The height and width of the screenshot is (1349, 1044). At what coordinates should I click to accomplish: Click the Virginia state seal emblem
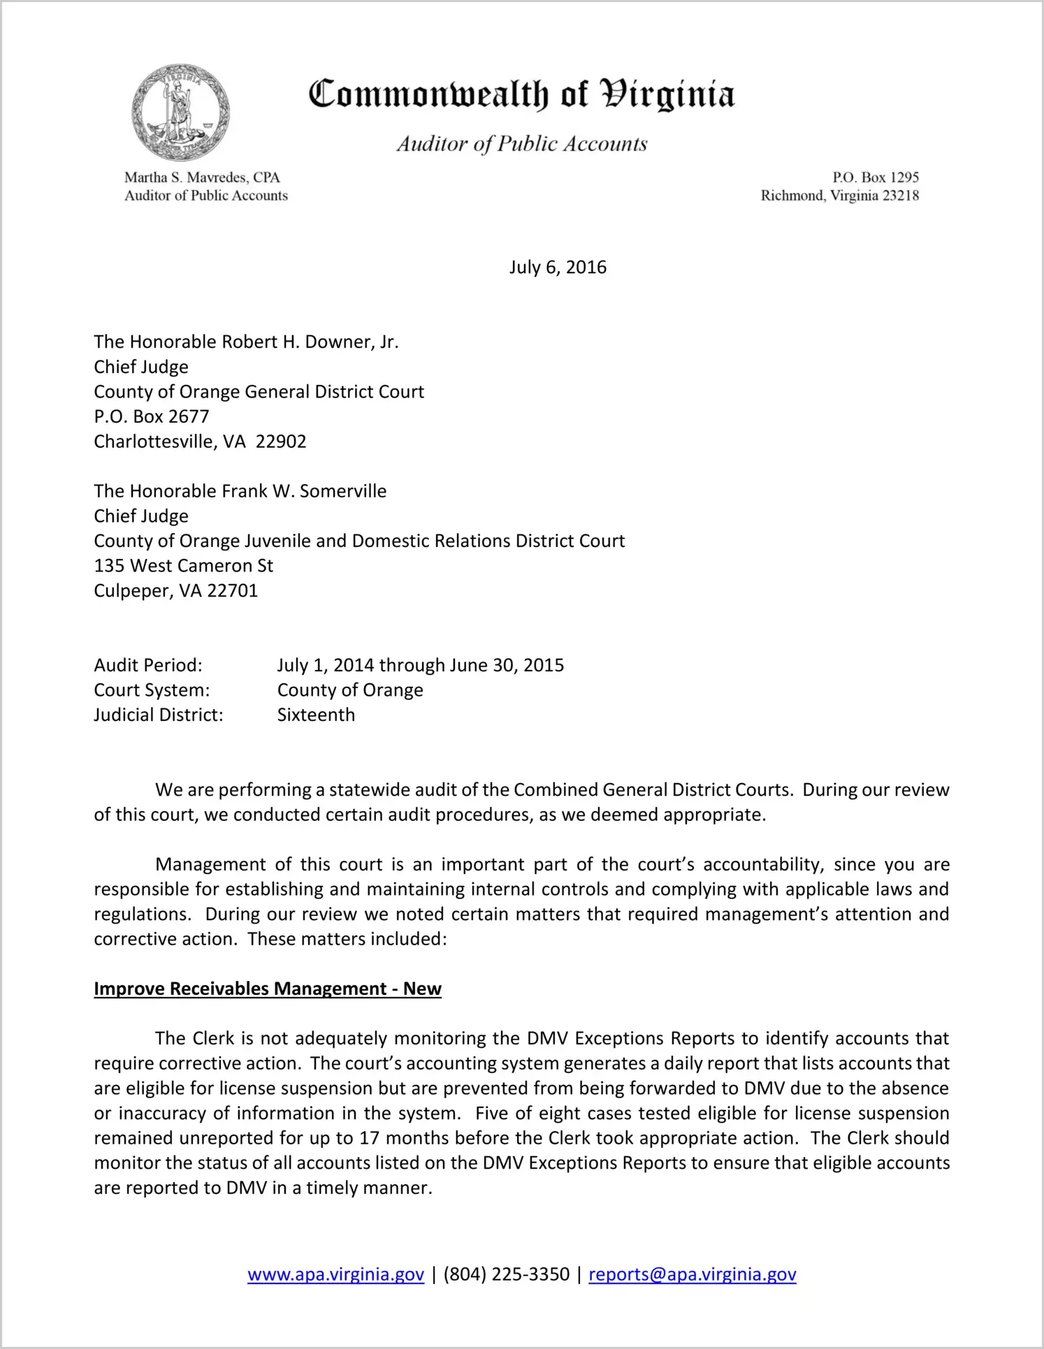tap(180, 112)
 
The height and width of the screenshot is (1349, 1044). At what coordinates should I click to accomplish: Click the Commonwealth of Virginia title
tap(521, 94)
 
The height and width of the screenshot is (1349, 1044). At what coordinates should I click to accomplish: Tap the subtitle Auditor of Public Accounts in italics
tap(521, 143)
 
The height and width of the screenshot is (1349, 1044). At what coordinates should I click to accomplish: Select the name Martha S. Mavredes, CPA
tap(202, 177)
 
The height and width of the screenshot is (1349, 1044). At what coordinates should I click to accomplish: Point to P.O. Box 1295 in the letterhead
tap(875, 177)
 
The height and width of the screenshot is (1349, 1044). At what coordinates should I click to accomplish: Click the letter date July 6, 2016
tap(558, 268)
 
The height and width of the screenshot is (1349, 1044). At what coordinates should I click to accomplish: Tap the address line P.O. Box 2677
tap(152, 416)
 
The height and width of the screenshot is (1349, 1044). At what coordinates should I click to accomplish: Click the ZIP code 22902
tap(281, 442)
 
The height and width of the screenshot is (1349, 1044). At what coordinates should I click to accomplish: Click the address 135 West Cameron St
tap(184, 566)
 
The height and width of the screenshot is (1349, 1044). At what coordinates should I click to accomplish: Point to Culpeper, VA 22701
tap(176, 591)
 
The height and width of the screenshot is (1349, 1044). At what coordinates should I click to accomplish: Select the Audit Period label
tap(148, 665)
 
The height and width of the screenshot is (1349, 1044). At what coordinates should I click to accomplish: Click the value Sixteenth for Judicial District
tap(316, 715)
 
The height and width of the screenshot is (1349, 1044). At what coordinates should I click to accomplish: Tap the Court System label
tap(152, 690)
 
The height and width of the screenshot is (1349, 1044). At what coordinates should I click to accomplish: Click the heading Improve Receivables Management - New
tap(268, 989)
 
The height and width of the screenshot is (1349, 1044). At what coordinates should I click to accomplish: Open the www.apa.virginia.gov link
tap(335, 1274)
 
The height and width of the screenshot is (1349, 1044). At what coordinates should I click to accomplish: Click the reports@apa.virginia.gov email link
tap(692, 1274)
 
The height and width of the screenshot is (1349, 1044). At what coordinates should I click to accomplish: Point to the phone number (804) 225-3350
tap(506, 1274)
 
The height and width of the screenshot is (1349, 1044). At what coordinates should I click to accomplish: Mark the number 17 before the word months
tap(368, 1138)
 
